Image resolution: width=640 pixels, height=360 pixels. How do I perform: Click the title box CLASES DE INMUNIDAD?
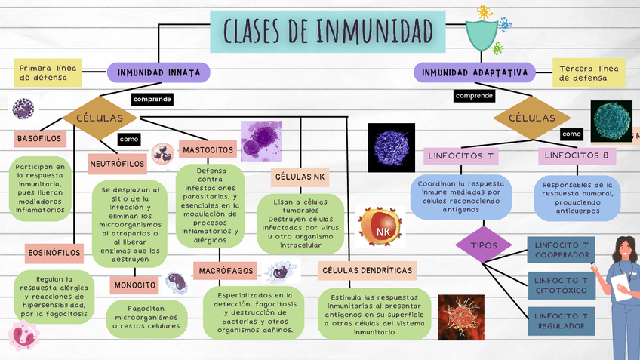(328, 30)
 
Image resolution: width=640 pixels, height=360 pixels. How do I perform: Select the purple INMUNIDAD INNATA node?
(158, 72)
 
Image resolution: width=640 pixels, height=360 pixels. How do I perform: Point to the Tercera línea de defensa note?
(588, 72)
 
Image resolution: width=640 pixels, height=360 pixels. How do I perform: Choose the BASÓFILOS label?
(39, 139)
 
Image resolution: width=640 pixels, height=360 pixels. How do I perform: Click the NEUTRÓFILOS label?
(117, 163)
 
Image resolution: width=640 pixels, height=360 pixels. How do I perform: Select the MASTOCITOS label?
(208, 150)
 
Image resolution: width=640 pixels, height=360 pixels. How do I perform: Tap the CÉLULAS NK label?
(300, 177)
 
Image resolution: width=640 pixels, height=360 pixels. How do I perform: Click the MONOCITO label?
(137, 285)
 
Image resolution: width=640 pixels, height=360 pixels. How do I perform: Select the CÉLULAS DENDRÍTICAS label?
(368, 269)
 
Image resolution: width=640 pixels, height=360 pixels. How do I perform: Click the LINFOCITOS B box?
(576, 155)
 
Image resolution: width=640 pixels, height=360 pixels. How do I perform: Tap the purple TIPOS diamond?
(484, 246)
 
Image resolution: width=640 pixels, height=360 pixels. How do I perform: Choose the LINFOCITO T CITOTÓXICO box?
(562, 285)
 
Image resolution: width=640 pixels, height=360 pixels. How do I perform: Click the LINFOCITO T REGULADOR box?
(562, 320)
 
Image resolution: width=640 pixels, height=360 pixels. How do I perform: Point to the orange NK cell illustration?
(380, 229)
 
